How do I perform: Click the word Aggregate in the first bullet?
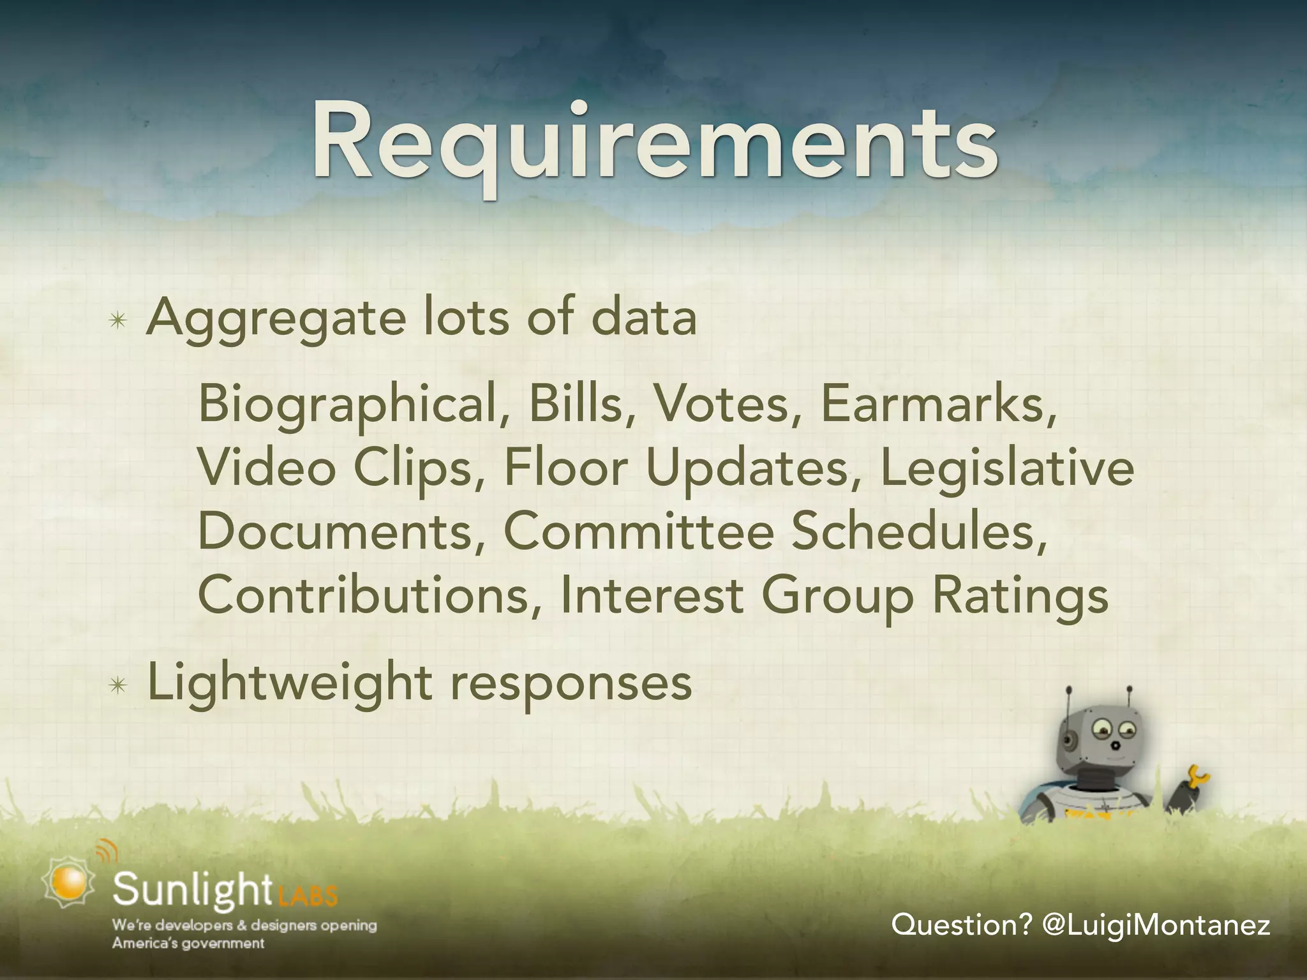(x=276, y=319)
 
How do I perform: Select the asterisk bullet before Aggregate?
(x=119, y=321)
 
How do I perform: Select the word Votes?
(x=721, y=405)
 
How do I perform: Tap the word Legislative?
(x=1007, y=469)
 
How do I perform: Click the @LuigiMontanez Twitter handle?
(x=1155, y=924)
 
